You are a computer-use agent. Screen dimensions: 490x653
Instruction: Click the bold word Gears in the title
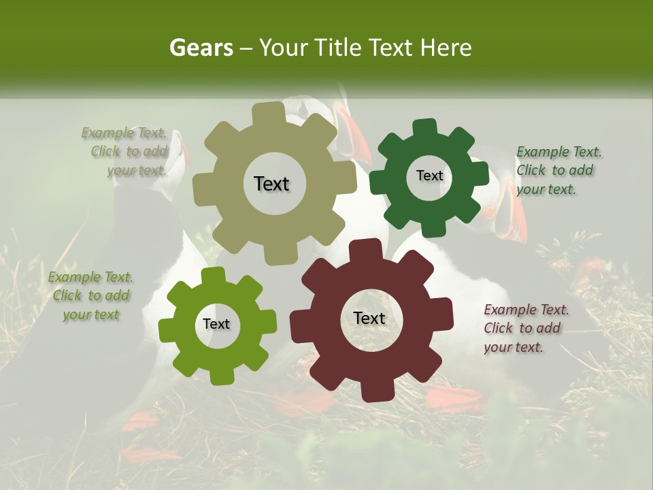pyautogui.click(x=201, y=48)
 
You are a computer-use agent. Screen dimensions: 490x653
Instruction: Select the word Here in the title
pyautogui.click(x=446, y=48)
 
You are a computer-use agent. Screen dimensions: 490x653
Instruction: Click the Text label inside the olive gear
pyautogui.click(x=271, y=184)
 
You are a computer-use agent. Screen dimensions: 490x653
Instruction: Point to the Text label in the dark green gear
pyautogui.click(x=429, y=176)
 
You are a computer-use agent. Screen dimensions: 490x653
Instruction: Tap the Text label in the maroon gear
pyautogui.click(x=369, y=318)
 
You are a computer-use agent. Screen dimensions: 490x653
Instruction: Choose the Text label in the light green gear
pyautogui.click(x=216, y=324)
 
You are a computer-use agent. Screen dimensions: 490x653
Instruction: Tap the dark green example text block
pyautogui.click(x=558, y=170)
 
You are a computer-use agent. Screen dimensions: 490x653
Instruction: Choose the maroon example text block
pyautogui.click(x=525, y=328)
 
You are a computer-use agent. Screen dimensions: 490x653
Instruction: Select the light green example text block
pyautogui.click(x=91, y=296)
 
